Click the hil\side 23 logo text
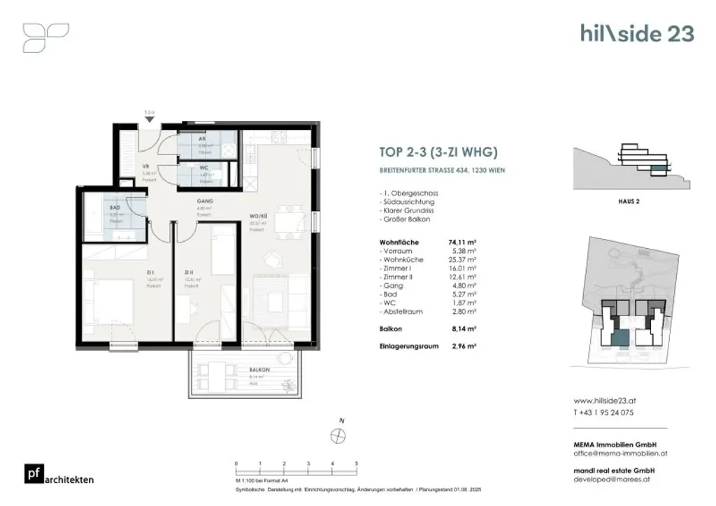(637, 33)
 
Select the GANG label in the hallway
(204, 201)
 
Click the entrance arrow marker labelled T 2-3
(149, 118)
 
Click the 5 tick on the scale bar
(357, 463)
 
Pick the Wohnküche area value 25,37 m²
(466, 259)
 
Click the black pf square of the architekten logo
(31, 474)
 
